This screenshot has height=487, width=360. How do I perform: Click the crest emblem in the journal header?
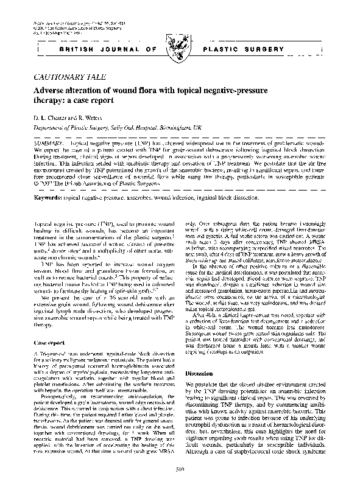click(x=178, y=44)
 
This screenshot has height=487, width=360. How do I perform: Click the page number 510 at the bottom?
click(x=180, y=468)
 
